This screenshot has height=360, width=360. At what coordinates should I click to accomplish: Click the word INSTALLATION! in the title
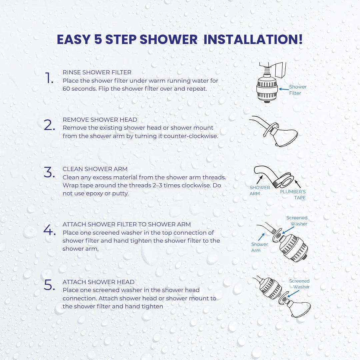253,39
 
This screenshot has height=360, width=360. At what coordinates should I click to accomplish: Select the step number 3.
49,173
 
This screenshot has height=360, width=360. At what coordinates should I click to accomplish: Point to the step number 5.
49,285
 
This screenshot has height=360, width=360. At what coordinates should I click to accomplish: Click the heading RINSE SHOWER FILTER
97,72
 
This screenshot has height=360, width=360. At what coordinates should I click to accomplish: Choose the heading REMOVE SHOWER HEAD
100,120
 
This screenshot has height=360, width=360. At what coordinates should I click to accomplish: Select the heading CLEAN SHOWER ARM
95,169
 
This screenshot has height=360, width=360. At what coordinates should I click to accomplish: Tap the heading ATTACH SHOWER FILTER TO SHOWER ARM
127,224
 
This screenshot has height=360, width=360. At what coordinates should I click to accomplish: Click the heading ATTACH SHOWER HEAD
98,282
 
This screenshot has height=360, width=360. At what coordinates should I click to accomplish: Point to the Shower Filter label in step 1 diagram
297,90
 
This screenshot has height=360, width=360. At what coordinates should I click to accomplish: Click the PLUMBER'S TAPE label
293,195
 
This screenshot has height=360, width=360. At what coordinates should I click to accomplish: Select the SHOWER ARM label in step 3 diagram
260,191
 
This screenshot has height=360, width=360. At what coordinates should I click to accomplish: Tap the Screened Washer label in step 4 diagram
297,221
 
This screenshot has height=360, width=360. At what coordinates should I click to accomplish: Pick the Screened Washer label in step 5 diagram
299,284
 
